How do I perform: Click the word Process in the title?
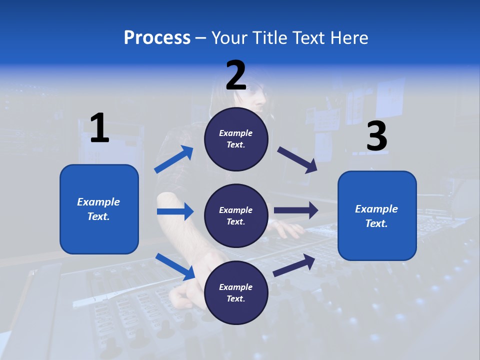point(157,38)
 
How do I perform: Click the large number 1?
point(99,128)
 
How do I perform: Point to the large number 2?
point(236,75)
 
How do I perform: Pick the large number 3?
point(376,137)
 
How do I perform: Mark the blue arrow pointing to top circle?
point(174,159)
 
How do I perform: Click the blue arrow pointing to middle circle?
point(175,211)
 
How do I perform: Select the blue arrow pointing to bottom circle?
point(175,266)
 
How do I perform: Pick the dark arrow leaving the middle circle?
point(296,210)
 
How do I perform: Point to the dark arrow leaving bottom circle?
point(294,265)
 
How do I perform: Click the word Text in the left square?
point(98,216)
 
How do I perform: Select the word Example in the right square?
point(376,209)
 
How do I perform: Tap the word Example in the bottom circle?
point(236,287)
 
